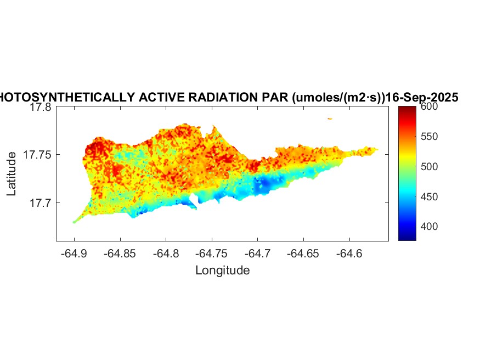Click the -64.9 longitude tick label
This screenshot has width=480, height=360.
74,254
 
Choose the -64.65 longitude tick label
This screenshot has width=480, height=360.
304,254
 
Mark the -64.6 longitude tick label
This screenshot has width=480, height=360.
350,254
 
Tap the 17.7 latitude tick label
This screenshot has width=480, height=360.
40,203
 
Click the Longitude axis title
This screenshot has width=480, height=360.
222,270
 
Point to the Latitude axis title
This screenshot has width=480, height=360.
12,175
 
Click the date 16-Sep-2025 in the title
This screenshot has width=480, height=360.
422,98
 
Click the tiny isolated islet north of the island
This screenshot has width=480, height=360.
330,119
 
